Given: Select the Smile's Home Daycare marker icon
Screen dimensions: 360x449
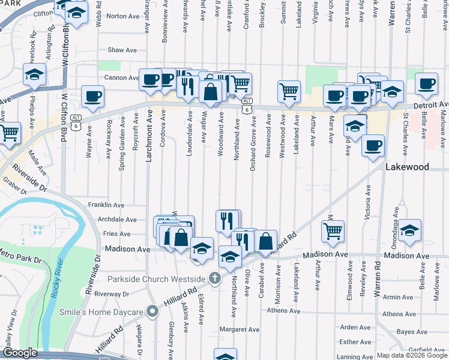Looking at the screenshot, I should [x=153, y=311].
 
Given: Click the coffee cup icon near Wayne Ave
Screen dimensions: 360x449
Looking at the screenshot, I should [x=92, y=96].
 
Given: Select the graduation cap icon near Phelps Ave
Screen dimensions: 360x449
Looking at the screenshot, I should [x=35, y=74].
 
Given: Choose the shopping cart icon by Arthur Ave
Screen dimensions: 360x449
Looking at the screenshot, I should [x=333, y=230].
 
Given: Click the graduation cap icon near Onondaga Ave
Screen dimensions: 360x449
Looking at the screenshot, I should [x=409, y=230].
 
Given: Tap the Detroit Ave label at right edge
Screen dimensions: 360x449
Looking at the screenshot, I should [x=439, y=105].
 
